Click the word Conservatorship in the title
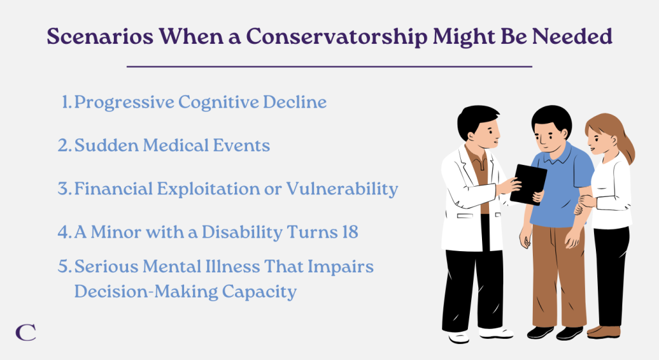[336, 37]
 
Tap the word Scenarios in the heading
[100, 36]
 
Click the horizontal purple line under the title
[329, 66]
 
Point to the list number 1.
[66, 102]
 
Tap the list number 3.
[64, 189]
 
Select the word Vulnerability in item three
[342, 189]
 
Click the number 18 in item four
[349, 232]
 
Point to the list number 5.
[64, 267]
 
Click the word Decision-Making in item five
[146, 292]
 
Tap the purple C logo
[26, 332]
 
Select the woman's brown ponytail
[625, 145]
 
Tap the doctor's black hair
[476, 119]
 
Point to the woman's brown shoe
[604, 332]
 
